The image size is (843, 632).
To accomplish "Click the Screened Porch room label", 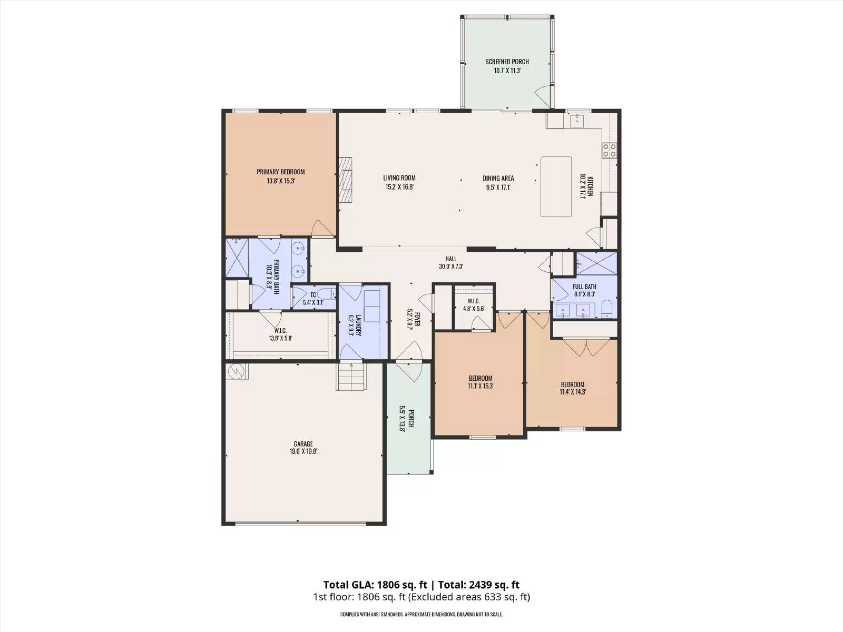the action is click(507, 62).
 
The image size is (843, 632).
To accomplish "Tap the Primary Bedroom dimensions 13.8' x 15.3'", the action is click(281, 181).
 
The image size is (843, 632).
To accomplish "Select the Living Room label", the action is click(399, 177).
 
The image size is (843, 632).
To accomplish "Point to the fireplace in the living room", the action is click(345, 179).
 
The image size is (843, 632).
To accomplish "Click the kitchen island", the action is click(556, 186).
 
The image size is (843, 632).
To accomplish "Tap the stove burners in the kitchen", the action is click(609, 150).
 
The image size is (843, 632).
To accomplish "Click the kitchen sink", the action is click(577, 120).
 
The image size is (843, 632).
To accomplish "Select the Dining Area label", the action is click(498, 178).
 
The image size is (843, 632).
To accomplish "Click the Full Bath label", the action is click(584, 287).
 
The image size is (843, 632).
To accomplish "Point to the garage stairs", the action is click(351, 377).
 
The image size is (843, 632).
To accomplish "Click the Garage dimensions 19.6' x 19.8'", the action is click(303, 451).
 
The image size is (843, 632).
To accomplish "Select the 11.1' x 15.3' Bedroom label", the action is click(481, 378).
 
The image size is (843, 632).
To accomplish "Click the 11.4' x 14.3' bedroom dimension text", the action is click(573, 392).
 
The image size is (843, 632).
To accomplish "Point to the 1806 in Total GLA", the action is click(390, 585).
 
